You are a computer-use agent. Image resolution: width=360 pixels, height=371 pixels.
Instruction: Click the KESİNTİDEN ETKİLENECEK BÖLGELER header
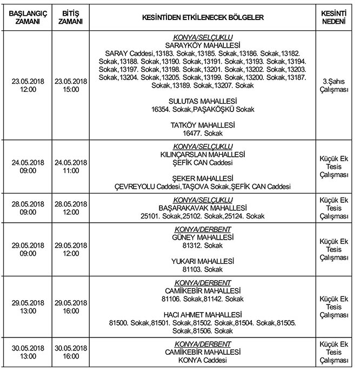point(203,18)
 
